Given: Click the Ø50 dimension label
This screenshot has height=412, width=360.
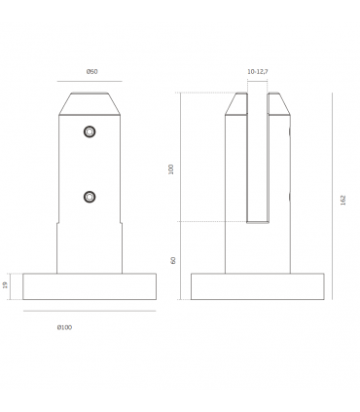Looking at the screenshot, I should pos(90,72).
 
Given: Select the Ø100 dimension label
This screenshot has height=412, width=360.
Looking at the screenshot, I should pos(63,327).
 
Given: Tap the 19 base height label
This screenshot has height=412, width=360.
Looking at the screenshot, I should pos(6,285).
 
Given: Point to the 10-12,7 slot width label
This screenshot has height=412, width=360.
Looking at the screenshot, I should pos(258,72).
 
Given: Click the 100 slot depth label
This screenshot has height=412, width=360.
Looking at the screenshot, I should pos(171,169).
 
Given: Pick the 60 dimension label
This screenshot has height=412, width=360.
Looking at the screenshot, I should pos(172,260).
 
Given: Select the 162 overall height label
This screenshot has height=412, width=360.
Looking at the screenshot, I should pos(343,200).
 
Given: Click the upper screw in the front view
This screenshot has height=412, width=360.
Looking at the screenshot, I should pos(90,131).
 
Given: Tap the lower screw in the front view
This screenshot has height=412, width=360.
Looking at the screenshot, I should pos(90,197).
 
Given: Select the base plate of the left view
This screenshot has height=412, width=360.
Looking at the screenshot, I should pos(90,286).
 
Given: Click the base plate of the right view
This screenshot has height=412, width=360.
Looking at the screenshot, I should pos(257,286).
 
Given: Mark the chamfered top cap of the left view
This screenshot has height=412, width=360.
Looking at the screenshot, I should pos(90,104).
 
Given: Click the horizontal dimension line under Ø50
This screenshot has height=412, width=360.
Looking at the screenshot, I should pos(90,83).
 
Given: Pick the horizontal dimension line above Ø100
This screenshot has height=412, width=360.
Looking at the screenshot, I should pos(90,312).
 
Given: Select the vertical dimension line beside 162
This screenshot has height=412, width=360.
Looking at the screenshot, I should pos(333,195).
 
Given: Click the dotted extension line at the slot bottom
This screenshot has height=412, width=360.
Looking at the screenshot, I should pos(204,222).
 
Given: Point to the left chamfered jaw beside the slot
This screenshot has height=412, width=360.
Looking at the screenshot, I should pos(236,104).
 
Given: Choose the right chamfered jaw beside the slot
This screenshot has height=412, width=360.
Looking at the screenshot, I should pos(278,104).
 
